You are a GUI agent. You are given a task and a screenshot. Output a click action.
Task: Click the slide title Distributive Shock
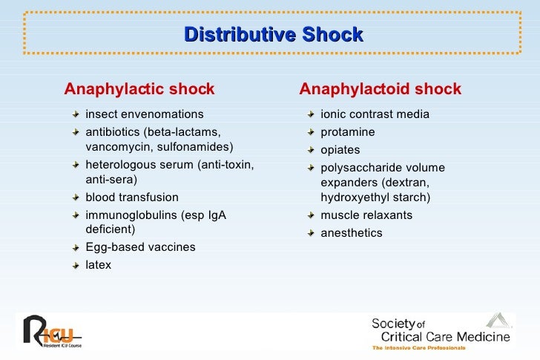click(x=273, y=35)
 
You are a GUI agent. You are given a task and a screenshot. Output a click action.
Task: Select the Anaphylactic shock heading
click(x=139, y=90)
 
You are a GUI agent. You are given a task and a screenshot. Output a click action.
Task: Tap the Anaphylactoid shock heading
click(x=380, y=90)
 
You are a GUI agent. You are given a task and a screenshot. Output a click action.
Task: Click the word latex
click(x=99, y=264)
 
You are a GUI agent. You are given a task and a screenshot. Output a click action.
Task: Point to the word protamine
click(x=348, y=132)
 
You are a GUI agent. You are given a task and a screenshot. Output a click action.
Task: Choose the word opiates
click(x=340, y=150)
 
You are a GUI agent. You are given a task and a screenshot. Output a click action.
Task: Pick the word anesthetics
click(x=352, y=233)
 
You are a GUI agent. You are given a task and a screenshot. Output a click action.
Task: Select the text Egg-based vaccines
click(x=141, y=247)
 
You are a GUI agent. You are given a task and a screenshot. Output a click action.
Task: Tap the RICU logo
click(x=50, y=331)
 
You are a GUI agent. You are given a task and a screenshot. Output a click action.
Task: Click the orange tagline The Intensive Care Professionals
click(x=418, y=348)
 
